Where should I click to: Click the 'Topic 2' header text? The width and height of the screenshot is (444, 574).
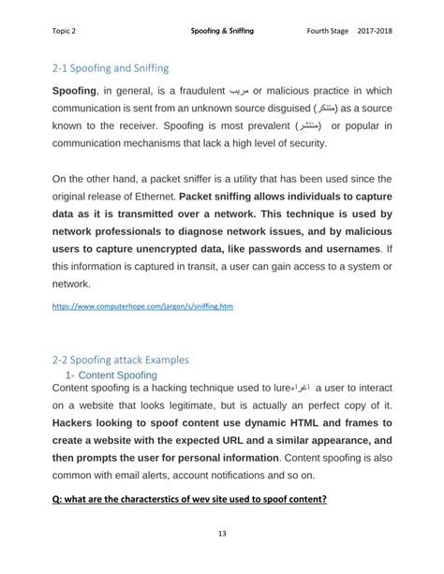coord(65,32)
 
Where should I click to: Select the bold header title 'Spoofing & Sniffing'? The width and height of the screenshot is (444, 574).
coord(222,32)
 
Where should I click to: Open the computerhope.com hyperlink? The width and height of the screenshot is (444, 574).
coord(142,306)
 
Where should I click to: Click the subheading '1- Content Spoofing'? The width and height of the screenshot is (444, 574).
coord(118,375)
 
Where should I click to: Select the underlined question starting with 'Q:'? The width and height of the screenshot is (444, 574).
coord(189,498)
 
